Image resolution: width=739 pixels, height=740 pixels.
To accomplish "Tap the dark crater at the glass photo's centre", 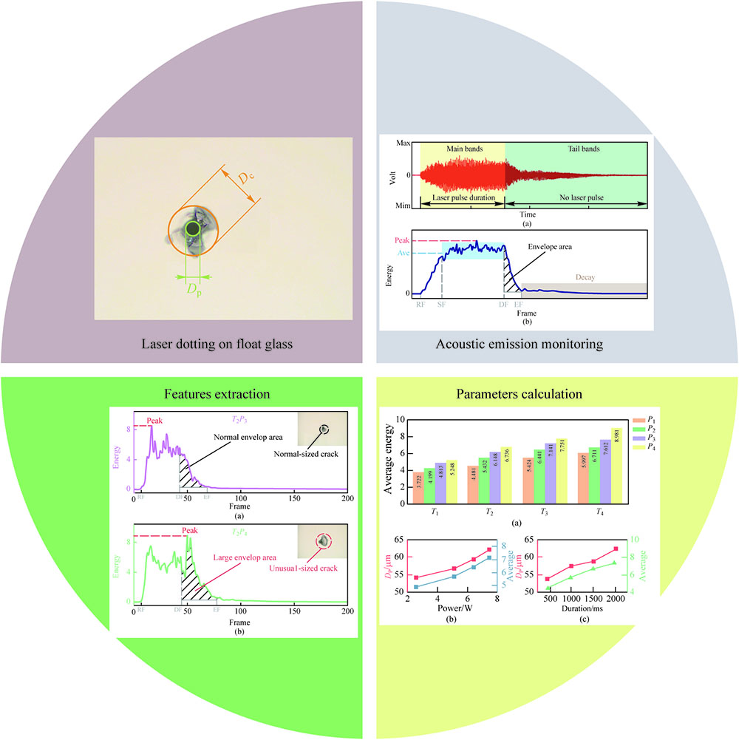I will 193,230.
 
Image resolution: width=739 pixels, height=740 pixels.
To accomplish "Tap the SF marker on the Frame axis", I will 442,303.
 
